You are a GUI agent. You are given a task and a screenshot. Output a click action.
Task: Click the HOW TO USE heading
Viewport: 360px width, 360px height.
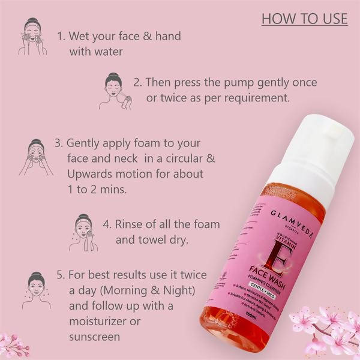(304, 19)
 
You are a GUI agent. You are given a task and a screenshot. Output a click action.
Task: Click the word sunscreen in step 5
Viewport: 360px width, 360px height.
(94, 337)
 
